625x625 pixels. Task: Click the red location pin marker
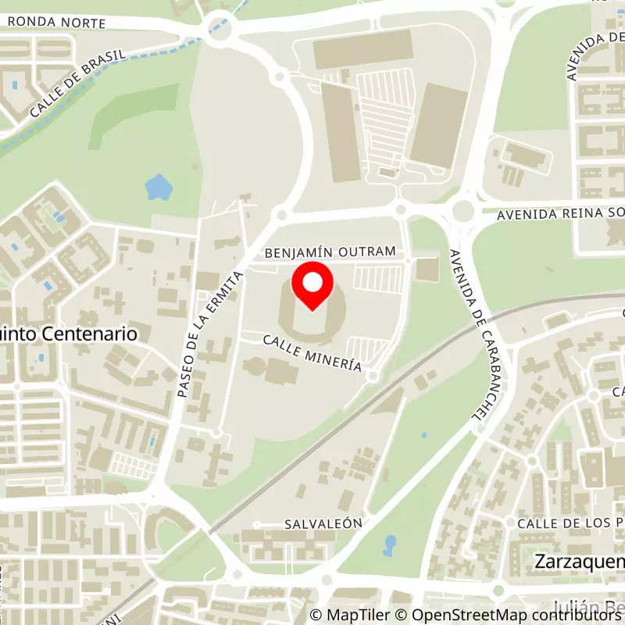point(312,287)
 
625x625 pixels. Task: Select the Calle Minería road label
point(312,353)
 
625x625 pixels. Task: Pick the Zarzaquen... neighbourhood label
point(579,562)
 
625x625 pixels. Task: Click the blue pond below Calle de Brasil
point(159,187)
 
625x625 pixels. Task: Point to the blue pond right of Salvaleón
point(389,544)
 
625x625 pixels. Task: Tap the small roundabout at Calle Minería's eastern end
point(373,377)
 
